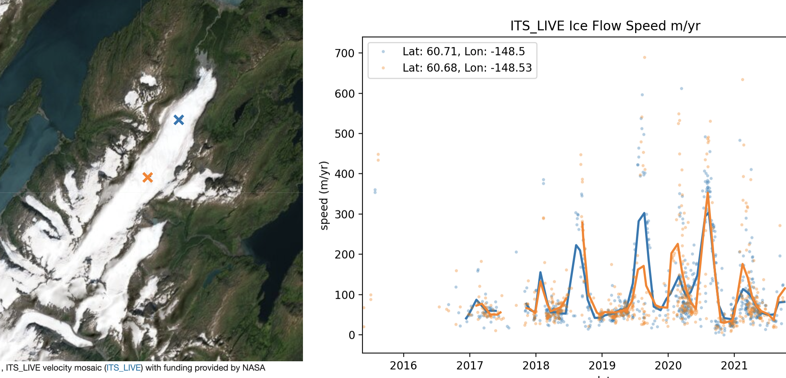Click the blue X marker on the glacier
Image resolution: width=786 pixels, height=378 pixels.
click(179, 120)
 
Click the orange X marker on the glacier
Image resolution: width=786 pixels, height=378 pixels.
click(147, 177)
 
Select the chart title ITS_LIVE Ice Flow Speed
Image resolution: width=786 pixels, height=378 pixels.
click(605, 26)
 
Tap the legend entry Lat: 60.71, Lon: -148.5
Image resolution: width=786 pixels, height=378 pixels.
click(463, 52)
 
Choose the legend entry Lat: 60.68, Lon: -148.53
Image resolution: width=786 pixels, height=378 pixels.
click(467, 68)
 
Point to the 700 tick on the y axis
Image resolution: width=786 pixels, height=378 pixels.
click(345, 53)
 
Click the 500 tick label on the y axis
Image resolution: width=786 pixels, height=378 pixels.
click(345, 134)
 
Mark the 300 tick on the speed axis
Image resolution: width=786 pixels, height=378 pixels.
click(345, 214)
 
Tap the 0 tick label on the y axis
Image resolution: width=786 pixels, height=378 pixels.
click(352, 335)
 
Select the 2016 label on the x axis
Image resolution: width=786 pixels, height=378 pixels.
click(403, 366)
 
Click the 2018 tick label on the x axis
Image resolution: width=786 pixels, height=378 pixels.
click(536, 366)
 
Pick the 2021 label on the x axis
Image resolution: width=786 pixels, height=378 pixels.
click(734, 366)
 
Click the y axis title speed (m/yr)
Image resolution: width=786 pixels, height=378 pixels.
click(324, 195)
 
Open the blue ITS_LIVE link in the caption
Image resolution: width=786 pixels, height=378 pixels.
click(124, 368)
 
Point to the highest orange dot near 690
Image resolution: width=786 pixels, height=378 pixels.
click(644, 58)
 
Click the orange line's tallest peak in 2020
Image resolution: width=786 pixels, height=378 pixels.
click(708, 193)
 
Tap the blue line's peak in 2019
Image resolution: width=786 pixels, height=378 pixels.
click(644, 213)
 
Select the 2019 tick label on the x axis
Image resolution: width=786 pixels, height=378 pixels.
click(602, 366)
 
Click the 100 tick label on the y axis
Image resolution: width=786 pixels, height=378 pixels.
click(345, 295)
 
